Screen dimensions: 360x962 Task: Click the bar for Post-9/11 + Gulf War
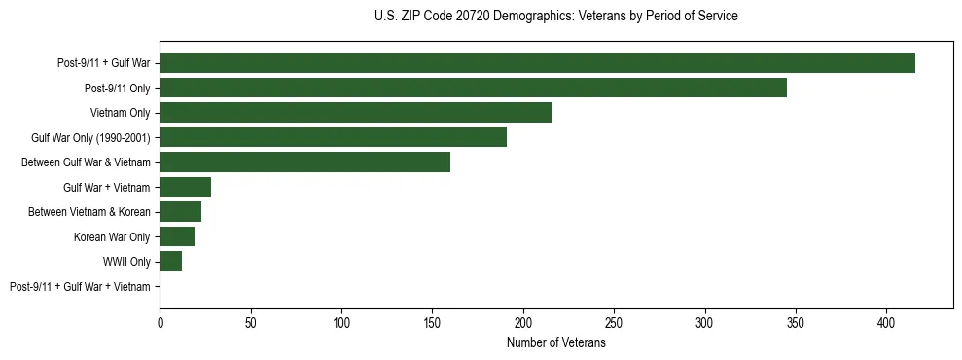(x=537, y=63)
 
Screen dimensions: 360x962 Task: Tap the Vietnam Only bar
(x=356, y=113)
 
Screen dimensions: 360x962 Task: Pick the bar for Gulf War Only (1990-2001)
(x=333, y=137)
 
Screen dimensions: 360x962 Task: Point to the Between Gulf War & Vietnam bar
(x=304, y=162)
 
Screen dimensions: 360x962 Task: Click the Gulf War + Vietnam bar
(x=185, y=187)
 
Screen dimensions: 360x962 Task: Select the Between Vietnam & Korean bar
(x=180, y=212)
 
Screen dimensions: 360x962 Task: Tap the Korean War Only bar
(x=177, y=236)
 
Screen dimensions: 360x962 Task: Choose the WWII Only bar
(x=170, y=262)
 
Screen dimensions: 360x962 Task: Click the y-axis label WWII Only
(x=126, y=262)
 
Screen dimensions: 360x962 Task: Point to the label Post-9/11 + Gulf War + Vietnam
(x=80, y=287)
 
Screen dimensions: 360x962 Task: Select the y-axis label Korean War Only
(x=112, y=237)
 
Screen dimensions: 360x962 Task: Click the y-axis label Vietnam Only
(x=120, y=113)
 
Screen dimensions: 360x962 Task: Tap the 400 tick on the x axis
(x=886, y=320)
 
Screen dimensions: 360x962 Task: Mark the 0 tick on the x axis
(x=160, y=320)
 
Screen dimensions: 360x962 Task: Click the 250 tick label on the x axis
(x=614, y=320)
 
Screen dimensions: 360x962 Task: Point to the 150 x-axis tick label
(x=432, y=320)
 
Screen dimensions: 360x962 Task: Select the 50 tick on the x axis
(x=250, y=320)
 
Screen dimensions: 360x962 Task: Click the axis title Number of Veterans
(x=555, y=343)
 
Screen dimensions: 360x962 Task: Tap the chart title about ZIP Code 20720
(x=555, y=17)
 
